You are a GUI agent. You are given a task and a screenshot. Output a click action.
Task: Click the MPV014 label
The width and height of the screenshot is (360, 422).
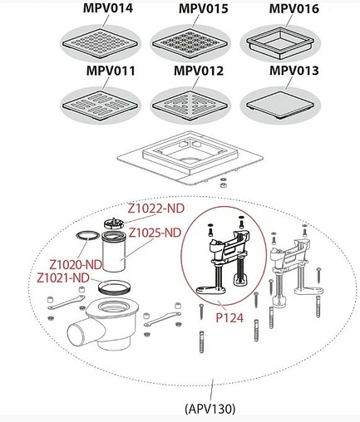(108, 8)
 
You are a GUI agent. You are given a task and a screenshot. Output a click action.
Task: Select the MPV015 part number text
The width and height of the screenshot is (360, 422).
(204, 8)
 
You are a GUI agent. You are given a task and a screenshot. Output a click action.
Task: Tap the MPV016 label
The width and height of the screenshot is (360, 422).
(294, 8)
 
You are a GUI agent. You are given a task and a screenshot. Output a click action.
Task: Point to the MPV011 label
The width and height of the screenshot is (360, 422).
(111, 71)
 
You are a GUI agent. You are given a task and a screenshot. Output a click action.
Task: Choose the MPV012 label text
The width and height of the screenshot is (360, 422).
(199, 71)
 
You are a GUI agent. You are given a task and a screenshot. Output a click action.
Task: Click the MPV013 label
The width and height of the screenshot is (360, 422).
(294, 71)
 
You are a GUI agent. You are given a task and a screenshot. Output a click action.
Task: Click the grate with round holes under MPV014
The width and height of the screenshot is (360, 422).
(100, 44)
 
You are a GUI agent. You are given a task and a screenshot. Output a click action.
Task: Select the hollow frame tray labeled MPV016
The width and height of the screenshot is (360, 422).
(280, 43)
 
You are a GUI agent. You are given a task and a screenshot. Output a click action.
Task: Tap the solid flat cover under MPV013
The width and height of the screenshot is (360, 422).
(280, 105)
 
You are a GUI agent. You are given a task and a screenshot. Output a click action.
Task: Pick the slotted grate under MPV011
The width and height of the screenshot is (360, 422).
(100, 105)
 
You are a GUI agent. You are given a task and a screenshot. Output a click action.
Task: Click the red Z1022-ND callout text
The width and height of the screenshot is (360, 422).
(156, 209)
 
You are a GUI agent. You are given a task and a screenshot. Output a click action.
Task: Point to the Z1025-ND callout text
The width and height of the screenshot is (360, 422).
(155, 233)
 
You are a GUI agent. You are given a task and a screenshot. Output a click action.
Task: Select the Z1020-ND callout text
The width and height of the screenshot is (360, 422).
(76, 265)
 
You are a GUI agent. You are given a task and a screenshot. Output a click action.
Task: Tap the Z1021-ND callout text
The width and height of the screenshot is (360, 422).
(63, 277)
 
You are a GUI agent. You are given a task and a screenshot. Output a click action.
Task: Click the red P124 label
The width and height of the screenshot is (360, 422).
(229, 318)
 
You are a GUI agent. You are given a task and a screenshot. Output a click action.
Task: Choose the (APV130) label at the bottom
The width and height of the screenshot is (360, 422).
(210, 409)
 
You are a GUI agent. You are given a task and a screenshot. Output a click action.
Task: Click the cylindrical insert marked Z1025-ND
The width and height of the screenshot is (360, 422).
(114, 251)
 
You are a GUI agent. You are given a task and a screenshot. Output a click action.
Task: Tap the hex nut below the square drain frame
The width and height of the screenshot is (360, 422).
(222, 185)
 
